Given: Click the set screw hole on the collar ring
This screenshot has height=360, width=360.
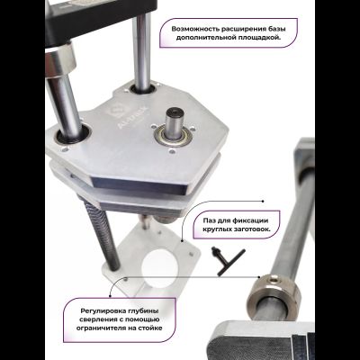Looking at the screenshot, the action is pos(274,280).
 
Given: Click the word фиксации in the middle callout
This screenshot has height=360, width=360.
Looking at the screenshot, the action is pos(251,220).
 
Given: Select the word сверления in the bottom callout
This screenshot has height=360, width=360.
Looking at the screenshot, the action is pos(95,319).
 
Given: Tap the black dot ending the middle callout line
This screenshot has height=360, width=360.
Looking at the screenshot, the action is pos(263,202).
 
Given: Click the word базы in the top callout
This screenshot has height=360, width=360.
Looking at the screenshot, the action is pos(277,30).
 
